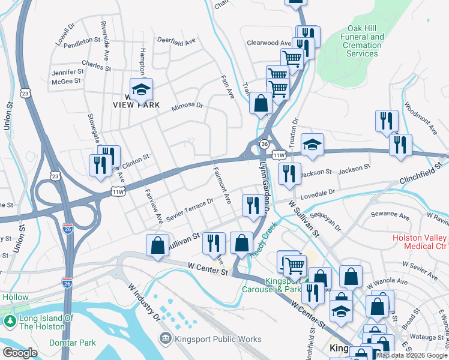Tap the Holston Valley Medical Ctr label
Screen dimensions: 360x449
pos(420,242)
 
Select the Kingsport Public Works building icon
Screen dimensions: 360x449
pos(166,339)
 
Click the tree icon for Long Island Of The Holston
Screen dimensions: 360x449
pos(10,322)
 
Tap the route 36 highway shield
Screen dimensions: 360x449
pos(264,144)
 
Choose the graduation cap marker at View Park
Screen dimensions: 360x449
pos(141,90)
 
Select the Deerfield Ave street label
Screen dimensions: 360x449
pos(176,41)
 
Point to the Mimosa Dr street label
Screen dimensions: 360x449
pos(188,106)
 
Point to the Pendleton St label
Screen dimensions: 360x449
pos(81,40)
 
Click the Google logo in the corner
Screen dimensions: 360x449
pos(20,352)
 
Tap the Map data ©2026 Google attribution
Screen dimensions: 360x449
pos(412,355)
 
